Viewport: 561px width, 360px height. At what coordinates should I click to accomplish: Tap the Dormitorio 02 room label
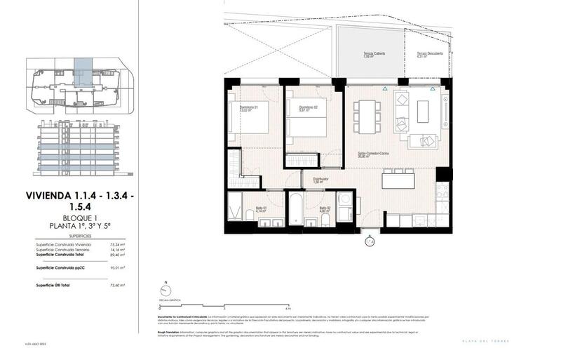[x=300, y=108]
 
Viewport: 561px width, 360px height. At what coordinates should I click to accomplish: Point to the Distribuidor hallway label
[x=322, y=180]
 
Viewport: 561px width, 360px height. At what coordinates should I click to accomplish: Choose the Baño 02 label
[x=325, y=208]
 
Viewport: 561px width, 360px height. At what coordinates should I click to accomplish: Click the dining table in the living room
[x=367, y=115]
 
